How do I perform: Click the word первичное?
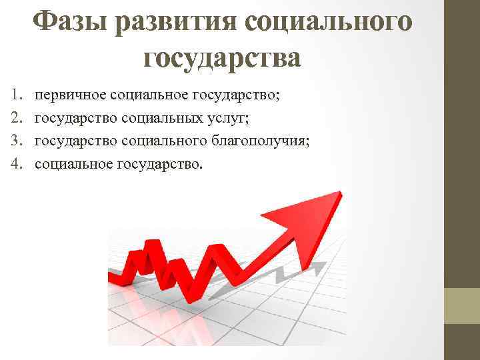pos(67,96)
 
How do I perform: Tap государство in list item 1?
pos(236,96)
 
